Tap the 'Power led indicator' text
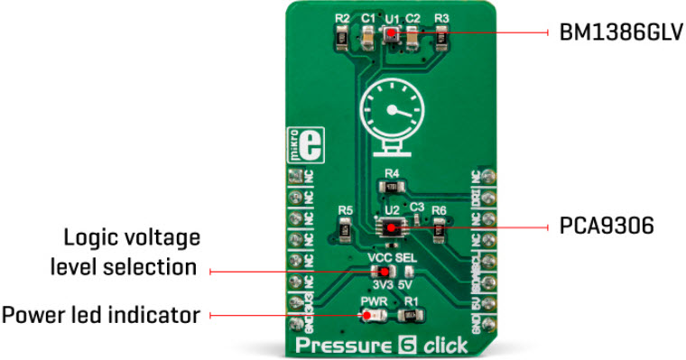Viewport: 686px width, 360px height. tap(100, 315)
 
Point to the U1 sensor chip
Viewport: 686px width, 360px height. tap(391, 35)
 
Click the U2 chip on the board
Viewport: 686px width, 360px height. tap(391, 228)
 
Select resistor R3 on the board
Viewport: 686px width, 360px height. tap(441, 38)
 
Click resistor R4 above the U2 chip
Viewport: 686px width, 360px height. tap(391, 187)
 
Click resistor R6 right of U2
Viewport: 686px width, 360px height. tap(439, 231)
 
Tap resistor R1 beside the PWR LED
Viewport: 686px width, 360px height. tap(411, 315)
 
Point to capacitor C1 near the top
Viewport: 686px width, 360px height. tap(368, 37)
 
